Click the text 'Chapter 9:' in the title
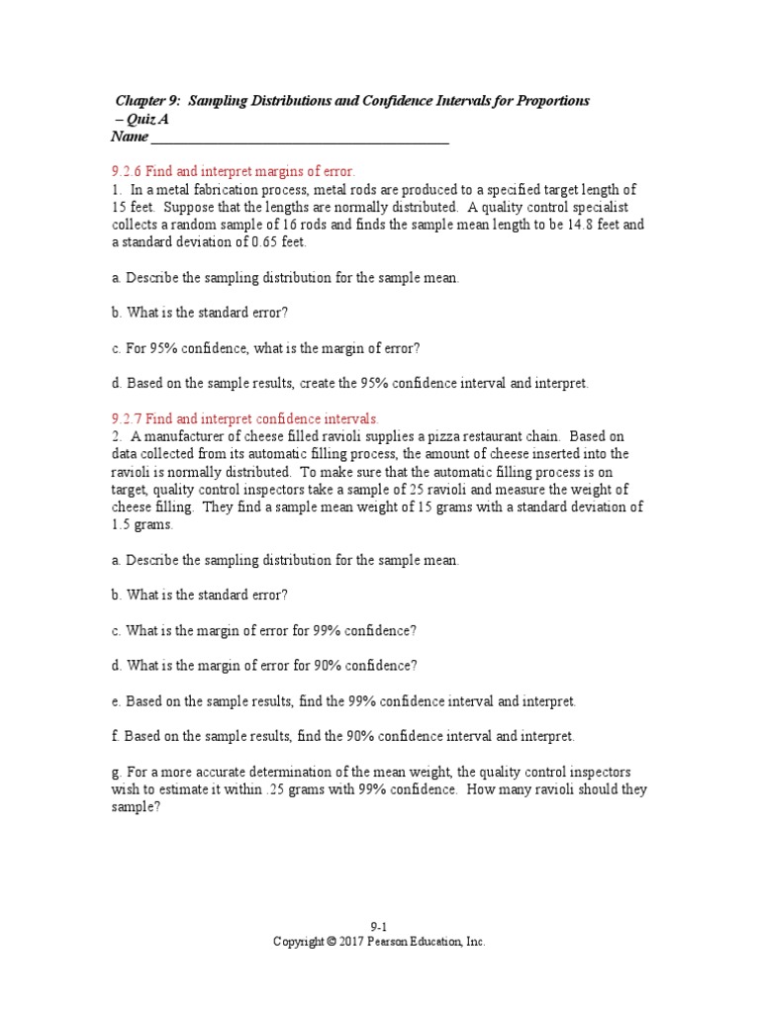tap(147, 101)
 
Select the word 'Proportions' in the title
tap(551, 101)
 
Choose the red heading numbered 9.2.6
tap(233, 171)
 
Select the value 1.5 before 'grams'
tap(121, 525)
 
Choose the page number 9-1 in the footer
tap(379, 927)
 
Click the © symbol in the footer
tap(331, 943)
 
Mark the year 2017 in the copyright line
tap(352, 943)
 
